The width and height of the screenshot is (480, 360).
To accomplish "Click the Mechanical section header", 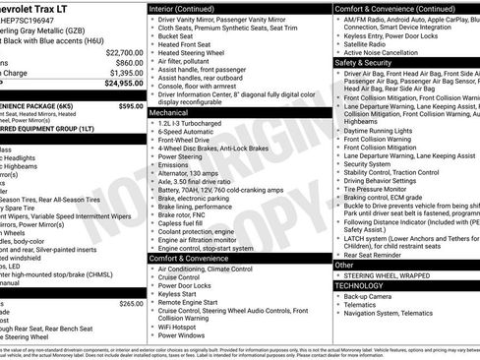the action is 169,113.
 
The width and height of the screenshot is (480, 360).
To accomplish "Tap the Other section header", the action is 343,265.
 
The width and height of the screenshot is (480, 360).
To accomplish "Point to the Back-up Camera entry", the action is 368,295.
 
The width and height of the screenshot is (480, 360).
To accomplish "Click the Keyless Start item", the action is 177,293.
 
